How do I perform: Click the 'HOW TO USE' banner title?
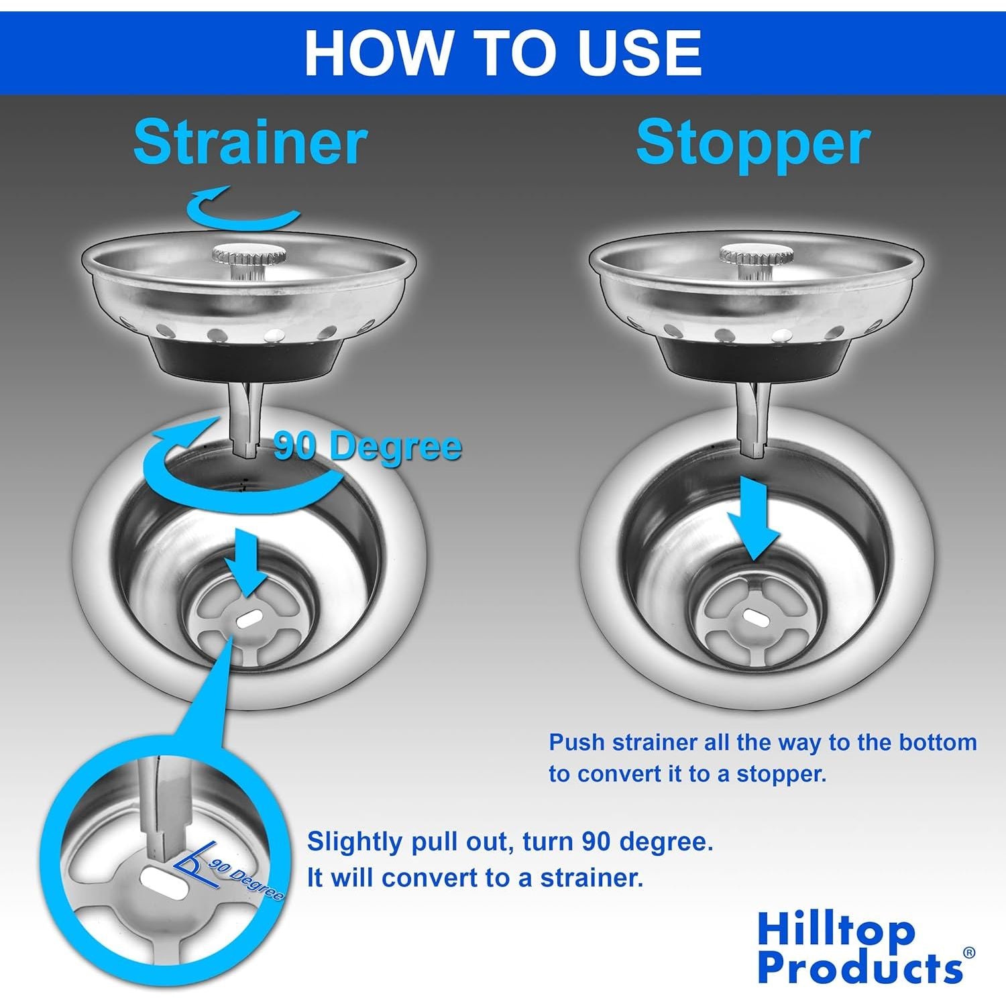click(x=503, y=52)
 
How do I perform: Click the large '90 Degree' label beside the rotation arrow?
click(x=368, y=446)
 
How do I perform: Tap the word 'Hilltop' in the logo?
click(x=836, y=931)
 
